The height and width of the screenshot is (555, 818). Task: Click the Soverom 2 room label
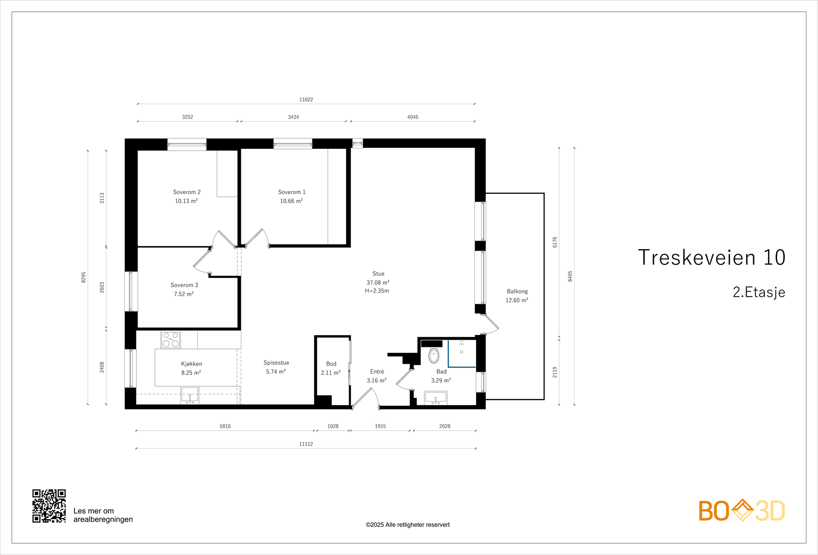click(187, 192)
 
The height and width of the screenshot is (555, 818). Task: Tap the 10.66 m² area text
click(291, 201)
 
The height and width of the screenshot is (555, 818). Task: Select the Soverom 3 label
click(184, 285)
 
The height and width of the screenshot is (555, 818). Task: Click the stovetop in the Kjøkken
click(171, 340)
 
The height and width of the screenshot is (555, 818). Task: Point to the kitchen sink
click(190, 395)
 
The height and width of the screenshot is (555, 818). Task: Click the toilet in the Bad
click(434, 356)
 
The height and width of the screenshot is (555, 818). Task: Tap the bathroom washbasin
click(436, 398)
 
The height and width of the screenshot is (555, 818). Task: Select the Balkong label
click(517, 291)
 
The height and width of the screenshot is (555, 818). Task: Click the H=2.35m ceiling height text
click(377, 291)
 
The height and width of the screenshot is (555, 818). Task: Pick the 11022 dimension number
click(306, 99)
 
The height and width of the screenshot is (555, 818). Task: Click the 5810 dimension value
click(225, 426)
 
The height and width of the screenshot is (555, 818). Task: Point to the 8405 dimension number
click(570, 276)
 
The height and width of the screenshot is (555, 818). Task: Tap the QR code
click(49, 506)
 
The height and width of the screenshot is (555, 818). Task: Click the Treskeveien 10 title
click(711, 257)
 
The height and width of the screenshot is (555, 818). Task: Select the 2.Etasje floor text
click(759, 292)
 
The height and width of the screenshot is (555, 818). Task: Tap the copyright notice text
click(407, 525)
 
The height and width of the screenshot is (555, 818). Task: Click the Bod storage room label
click(331, 364)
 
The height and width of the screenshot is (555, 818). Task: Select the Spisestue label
click(277, 363)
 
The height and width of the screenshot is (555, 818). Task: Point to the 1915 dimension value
click(380, 426)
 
